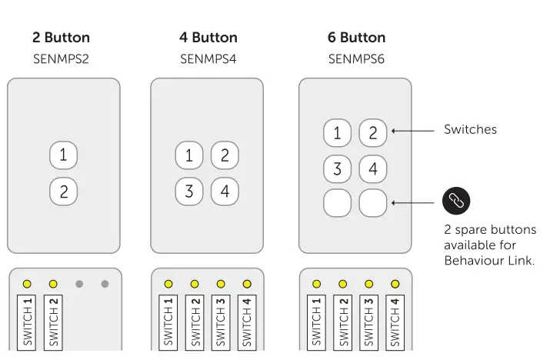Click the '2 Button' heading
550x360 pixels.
61,38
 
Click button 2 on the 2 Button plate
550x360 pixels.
64,191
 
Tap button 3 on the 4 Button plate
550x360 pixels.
189,191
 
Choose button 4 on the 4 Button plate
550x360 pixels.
225,191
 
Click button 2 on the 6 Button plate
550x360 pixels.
373,132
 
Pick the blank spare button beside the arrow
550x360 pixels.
373,203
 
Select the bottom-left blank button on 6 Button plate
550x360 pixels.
337,203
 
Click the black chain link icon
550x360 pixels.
455,201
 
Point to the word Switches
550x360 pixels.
470,129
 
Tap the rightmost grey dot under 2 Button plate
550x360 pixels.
105,284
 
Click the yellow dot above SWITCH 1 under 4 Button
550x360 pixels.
168,284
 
